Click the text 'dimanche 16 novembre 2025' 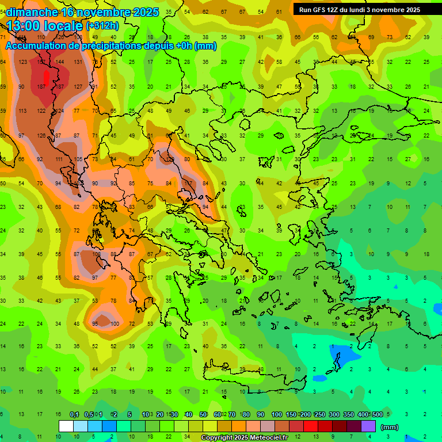pos(82,12)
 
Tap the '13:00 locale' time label pos(44,26)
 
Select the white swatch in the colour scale pos(66,426)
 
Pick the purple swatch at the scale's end pos(368,426)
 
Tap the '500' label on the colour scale pos(377,415)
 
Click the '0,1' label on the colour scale pos(74,415)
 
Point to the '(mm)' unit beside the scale pos(390,427)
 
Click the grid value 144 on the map pos(60,62)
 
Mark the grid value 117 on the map pos(187,184)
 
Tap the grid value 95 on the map pos(96,324)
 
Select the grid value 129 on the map pos(170,159)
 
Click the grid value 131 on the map pos(78,62)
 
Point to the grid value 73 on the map pos(390,37)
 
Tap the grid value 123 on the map pos(23,62)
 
